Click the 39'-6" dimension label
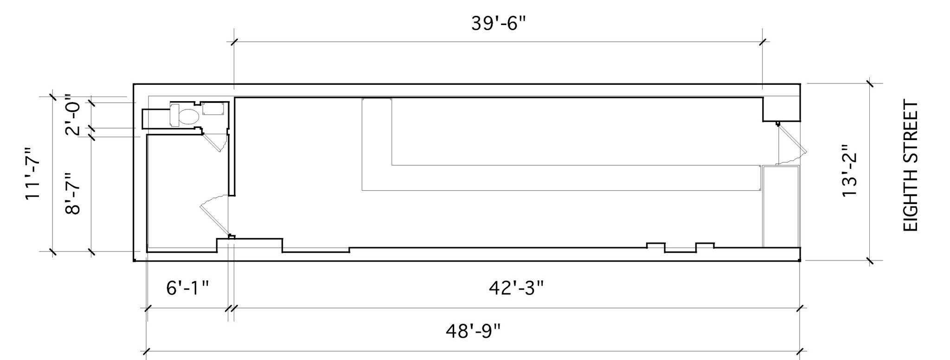(500, 23)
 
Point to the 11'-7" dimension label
(33, 174)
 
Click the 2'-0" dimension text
(73, 115)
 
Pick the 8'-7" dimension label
(73, 193)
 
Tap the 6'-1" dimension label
(187, 288)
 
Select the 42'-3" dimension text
(516, 288)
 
